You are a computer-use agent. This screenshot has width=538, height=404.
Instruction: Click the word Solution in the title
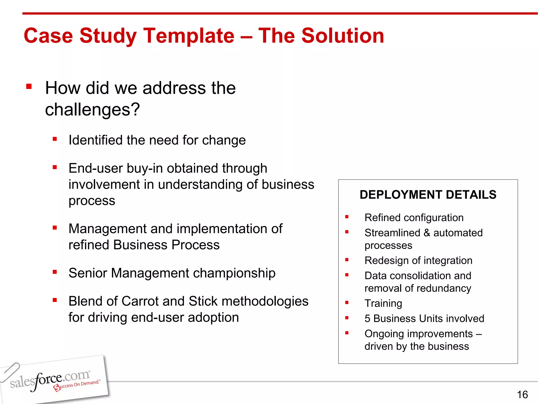343,36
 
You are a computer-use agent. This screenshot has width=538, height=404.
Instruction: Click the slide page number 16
522,395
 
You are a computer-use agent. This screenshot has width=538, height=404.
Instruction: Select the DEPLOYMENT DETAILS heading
428,195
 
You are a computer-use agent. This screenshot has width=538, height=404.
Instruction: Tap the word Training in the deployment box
383,304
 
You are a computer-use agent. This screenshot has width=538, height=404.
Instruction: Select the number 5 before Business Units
367,319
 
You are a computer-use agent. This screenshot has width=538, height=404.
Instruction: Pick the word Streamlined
392,233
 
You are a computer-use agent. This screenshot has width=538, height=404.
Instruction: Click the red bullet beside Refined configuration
347,217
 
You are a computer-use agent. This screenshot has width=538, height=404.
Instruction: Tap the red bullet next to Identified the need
55,139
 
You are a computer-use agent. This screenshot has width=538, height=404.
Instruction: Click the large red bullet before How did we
29,87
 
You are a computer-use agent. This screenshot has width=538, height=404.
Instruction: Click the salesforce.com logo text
50,380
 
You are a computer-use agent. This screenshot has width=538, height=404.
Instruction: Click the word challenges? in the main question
92,109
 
